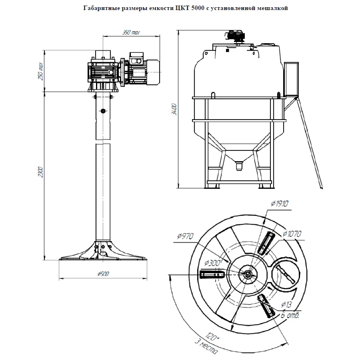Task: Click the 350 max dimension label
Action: pyautogui.click(x=131, y=32)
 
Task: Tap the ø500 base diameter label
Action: pyautogui.click(x=103, y=274)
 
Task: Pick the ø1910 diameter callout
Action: pyautogui.click(x=279, y=204)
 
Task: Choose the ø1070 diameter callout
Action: pyautogui.click(x=292, y=234)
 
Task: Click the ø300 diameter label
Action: pyautogui.click(x=212, y=263)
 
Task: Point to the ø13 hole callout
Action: pyautogui.click(x=286, y=305)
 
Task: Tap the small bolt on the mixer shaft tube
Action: pyautogui.click(x=103, y=111)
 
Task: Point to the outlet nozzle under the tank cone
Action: pyautogui.click(x=239, y=166)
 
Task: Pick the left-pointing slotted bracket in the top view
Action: pyautogui.click(x=212, y=274)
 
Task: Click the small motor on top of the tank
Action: pyautogui.click(x=236, y=35)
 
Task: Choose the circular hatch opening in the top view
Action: pyautogui.click(x=285, y=273)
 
